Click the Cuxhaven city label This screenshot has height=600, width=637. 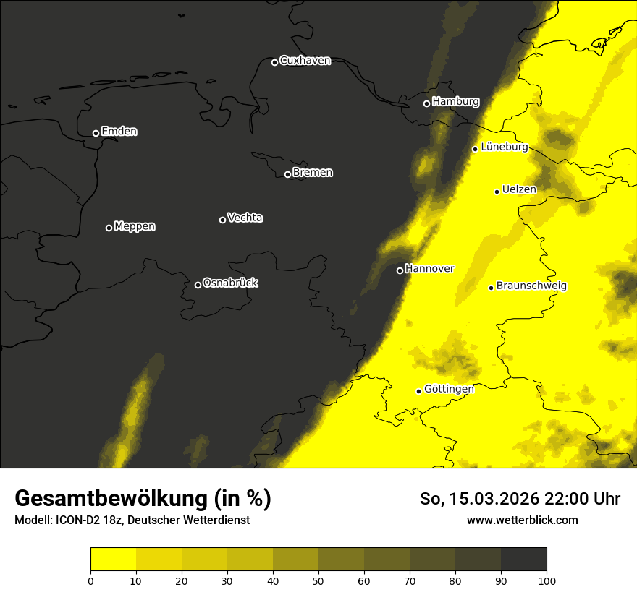[x=305, y=61]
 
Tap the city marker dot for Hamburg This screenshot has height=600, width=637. [x=426, y=103]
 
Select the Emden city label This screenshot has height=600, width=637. [x=119, y=132]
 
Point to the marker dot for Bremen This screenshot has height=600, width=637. [x=287, y=174]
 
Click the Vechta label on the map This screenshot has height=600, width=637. [x=245, y=218]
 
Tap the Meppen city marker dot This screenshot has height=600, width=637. [x=109, y=228]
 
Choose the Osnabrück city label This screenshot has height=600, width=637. [x=230, y=283]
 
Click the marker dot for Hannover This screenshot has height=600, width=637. [x=400, y=270]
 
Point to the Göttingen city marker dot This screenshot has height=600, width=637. [x=418, y=391]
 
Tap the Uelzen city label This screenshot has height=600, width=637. [x=519, y=189]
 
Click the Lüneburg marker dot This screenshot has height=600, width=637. [x=475, y=149]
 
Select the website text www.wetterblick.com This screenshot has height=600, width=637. [x=523, y=520]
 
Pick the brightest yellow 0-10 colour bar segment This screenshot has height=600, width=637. [x=114, y=560]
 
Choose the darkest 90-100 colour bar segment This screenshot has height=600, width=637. [x=523, y=560]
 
